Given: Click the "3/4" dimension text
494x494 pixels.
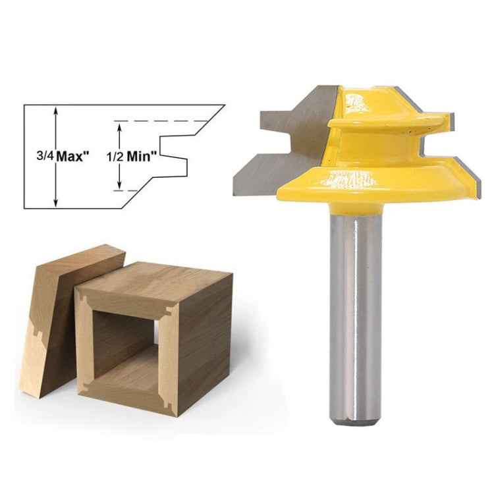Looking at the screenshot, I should [x=45, y=157].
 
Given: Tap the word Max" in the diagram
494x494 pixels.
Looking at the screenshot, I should [x=73, y=157].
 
